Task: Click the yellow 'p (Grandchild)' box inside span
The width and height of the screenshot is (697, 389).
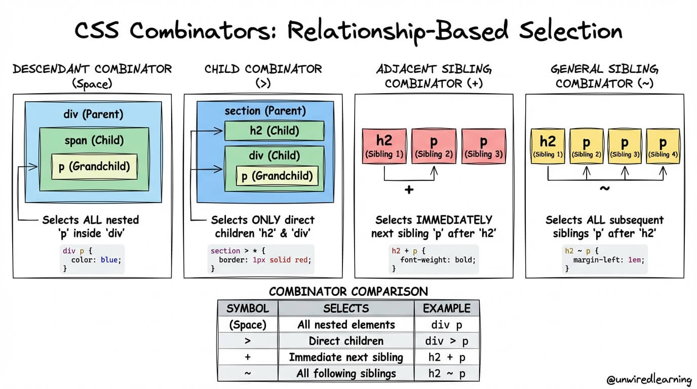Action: point(94,166)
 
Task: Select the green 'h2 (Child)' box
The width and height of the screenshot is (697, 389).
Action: point(275,131)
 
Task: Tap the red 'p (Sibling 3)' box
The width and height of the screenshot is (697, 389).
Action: point(483,146)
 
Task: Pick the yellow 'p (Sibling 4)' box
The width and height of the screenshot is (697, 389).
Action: point(663,146)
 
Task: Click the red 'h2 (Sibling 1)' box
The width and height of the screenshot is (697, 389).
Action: point(384,146)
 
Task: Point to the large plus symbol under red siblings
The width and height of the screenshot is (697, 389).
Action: point(409,190)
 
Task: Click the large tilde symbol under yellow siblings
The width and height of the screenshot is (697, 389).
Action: point(605,188)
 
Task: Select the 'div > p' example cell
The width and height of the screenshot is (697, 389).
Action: point(446,341)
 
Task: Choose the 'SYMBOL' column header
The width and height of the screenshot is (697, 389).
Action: point(248,308)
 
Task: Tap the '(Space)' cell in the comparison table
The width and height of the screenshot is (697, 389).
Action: point(248,325)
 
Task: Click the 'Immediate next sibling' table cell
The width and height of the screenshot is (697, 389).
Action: point(346,357)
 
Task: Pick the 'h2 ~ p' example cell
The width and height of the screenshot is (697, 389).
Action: point(446,373)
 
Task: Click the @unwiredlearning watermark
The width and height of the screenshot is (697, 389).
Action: point(649,379)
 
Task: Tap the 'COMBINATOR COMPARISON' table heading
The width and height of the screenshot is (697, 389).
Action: point(348,291)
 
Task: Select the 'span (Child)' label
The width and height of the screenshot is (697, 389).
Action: point(94,140)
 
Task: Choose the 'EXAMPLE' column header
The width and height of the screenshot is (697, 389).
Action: point(446,308)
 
